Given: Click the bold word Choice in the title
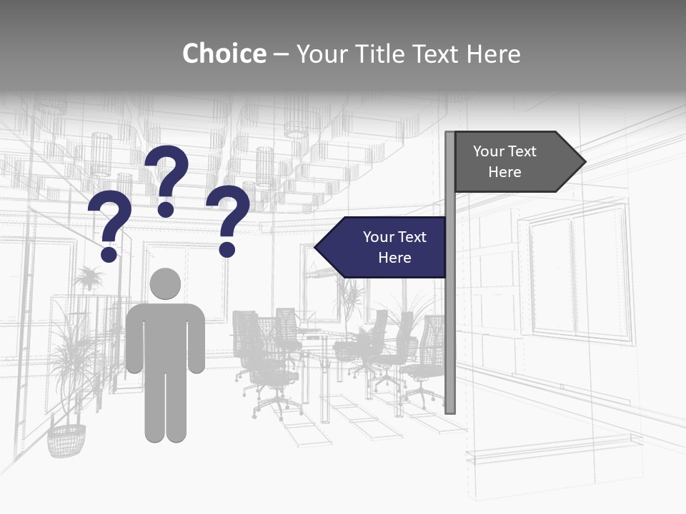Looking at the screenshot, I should (x=224, y=54).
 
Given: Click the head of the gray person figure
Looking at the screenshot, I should (x=165, y=284).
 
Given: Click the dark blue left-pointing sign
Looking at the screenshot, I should (x=386, y=247).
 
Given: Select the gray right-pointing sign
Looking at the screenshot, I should (x=511, y=161).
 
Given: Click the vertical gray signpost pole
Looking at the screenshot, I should (x=450, y=321).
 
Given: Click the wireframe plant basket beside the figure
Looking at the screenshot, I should (x=66, y=440).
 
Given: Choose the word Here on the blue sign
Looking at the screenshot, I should (x=394, y=258).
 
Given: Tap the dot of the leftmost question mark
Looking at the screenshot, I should (x=109, y=254).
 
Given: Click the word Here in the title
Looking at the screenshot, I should (x=493, y=54).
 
